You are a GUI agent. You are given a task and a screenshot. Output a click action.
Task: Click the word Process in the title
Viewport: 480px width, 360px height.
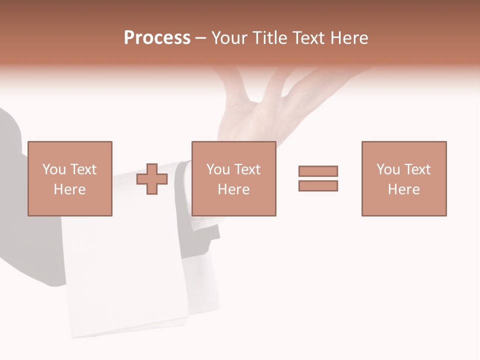pyautogui.click(x=157, y=38)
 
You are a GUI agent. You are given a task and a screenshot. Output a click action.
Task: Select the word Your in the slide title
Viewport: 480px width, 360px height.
pyautogui.click(x=230, y=38)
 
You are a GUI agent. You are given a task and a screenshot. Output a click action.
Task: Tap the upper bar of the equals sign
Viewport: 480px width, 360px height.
pyautogui.click(x=318, y=171)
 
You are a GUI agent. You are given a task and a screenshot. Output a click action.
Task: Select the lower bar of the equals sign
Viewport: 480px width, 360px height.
pyautogui.click(x=318, y=186)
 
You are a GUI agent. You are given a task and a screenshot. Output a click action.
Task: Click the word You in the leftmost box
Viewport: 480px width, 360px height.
pyautogui.click(x=53, y=169)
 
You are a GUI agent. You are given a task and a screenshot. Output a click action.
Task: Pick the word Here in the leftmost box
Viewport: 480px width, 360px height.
pyautogui.click(x=69, y=189)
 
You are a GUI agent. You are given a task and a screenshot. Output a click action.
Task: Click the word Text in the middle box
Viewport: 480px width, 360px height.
pyautogui.click(x=247, y=169)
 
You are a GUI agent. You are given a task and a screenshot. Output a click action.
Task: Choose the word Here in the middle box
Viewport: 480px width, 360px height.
pyautogui.click(x=233, y=189)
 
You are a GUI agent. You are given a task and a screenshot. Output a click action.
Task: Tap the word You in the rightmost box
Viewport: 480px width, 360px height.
pyautogui.click(x=387, y=169)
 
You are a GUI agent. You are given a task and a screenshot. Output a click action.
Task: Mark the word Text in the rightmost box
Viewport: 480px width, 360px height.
pyautogui.click(x=417, y=169)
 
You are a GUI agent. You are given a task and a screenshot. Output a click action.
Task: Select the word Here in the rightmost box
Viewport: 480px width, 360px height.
pyautogui.click(x=403, y=189)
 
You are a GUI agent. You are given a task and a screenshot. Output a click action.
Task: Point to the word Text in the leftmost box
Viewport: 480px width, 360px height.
pyautogui.click(x=83, y=169)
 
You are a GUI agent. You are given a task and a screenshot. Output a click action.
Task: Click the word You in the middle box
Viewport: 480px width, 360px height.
pyautogui.click(x=217, y=169)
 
